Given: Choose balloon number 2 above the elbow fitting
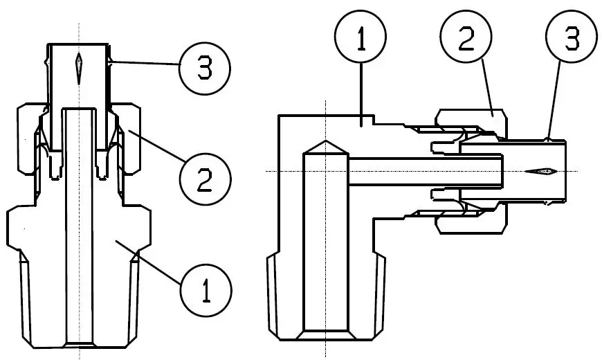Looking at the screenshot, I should pos(466,41).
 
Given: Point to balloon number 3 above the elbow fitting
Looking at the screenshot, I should pos(571,41).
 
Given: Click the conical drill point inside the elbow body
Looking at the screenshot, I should pos(324,148).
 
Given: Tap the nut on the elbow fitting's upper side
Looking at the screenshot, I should pos(471,117).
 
